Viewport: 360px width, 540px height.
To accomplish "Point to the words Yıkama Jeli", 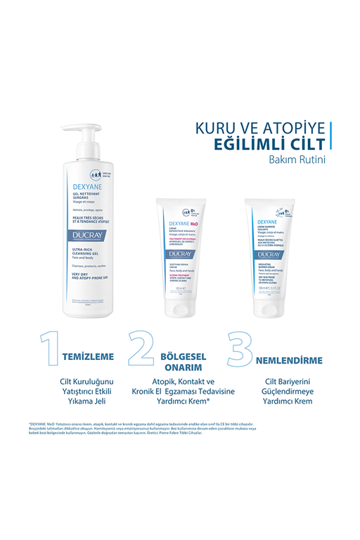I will pyautogui.click(x=78, y=406).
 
